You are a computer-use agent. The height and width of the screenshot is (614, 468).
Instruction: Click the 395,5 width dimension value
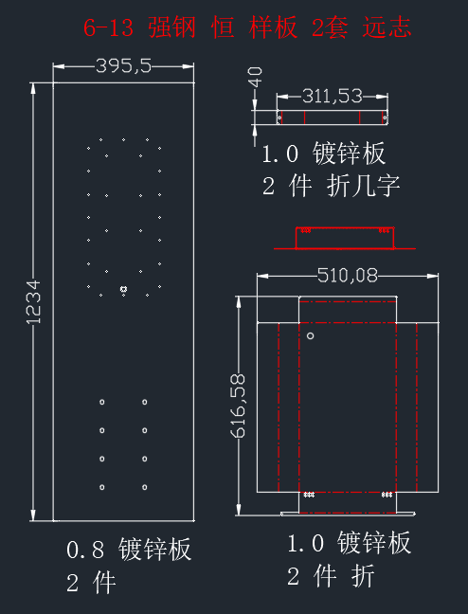point(123,65)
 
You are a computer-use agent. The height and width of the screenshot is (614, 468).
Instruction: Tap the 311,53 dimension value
point(333,96)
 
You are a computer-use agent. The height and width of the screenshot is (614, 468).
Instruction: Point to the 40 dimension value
point(256,77)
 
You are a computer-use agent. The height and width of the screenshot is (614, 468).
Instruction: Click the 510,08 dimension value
point(348,276)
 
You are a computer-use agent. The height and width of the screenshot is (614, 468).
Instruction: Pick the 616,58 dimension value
point(238,406)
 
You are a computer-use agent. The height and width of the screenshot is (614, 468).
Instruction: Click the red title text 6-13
point(109,28)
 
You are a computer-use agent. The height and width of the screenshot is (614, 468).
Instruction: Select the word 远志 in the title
point(387,27)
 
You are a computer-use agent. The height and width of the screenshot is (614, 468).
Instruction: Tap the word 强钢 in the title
point(171,27)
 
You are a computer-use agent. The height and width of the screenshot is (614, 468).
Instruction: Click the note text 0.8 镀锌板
point(129,549)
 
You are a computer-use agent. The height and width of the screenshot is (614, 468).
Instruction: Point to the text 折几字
point(363,186)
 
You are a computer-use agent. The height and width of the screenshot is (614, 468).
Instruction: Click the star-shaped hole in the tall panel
point(124,289)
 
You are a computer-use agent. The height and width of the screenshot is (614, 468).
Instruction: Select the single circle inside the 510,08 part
point(310,335)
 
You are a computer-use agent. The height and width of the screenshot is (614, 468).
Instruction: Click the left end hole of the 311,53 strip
point(279,117)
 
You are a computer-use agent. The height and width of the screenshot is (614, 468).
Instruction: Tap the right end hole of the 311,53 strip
point(385,117)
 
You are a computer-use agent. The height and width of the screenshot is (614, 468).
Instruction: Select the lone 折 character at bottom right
point(363,576)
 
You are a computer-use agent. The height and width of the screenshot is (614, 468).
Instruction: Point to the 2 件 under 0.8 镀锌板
point(91,583)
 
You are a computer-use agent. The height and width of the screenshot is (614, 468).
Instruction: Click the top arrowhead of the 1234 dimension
point(34,88)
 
